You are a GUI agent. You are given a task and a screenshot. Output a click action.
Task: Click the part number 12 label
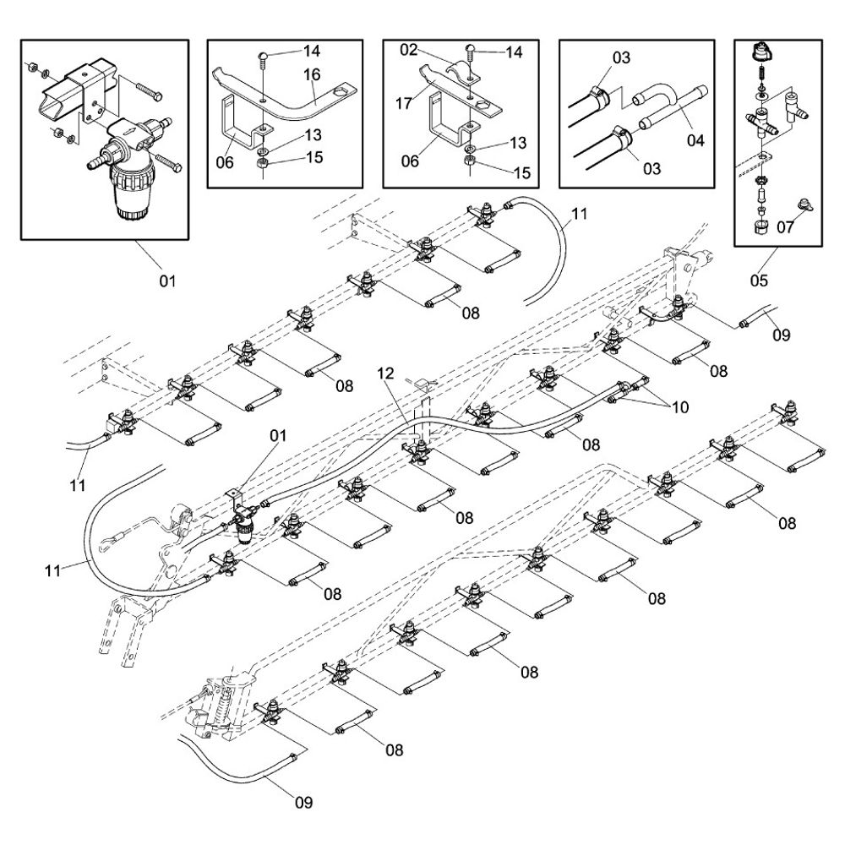[385, 373]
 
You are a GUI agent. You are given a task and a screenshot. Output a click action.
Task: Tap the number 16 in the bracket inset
[313, 76]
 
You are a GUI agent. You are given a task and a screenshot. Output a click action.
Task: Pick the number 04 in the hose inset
[695, 140]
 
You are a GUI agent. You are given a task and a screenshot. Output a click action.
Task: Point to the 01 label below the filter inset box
[167, 280]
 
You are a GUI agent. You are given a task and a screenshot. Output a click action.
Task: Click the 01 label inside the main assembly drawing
[278, 436]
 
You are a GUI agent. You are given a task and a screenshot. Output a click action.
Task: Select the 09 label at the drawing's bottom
[303, 802]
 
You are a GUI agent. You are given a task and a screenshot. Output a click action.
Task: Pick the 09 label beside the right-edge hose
[781, 335]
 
